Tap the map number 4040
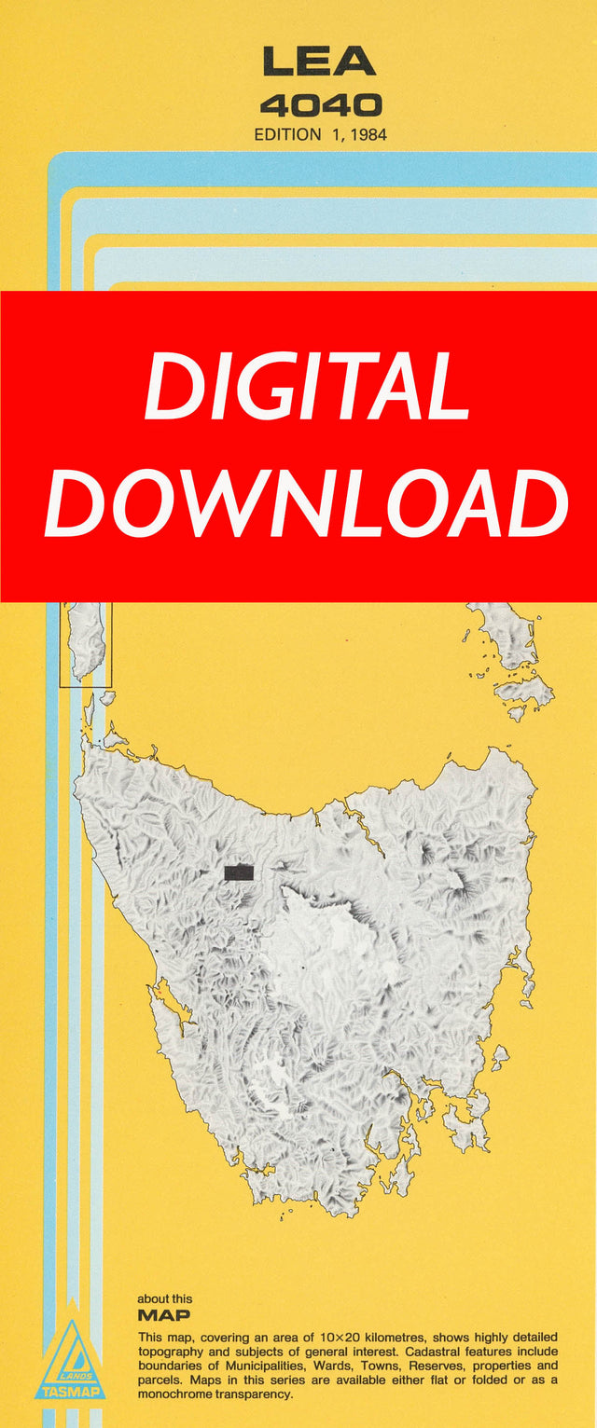coord(320,103)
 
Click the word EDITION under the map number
coord(287,134)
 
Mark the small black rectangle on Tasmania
coord(239,872)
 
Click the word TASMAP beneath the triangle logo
coord(70,1392)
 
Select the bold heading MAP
coord(163,1315)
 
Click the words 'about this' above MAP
coord(165,1298)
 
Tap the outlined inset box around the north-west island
coord(86,644)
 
